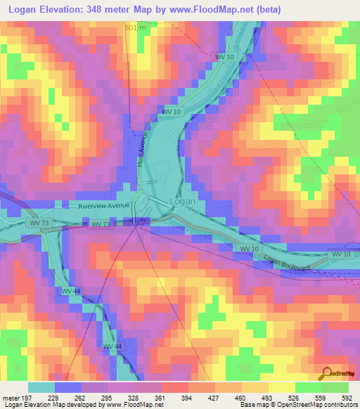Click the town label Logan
click(x=182, y=201)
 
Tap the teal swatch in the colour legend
click(x=41, y=387)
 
